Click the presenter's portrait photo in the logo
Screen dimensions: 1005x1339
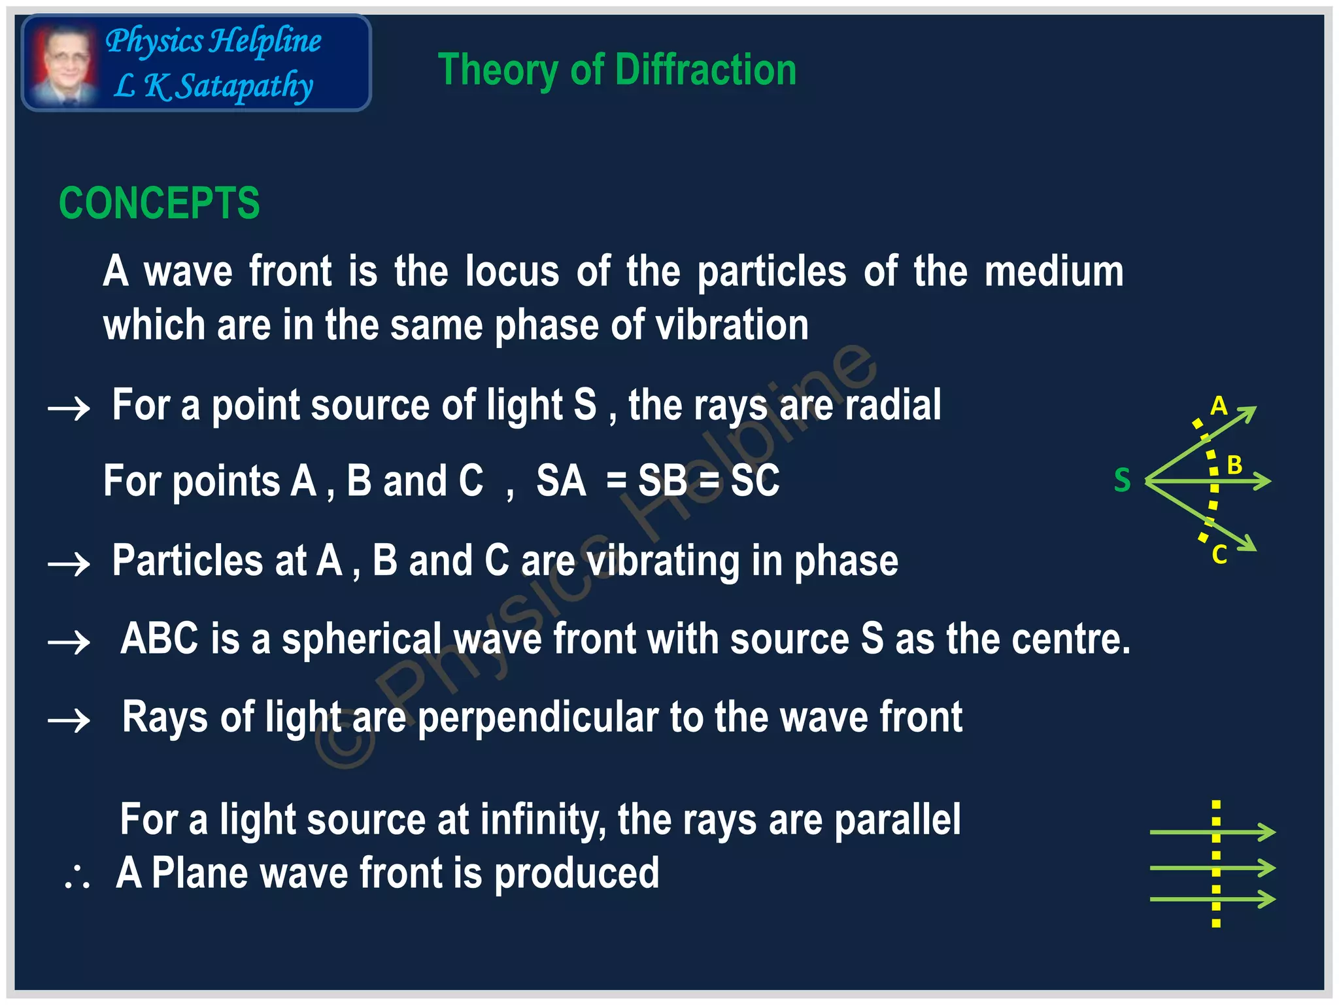(64, 64)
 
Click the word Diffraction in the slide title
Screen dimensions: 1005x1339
(705, 70)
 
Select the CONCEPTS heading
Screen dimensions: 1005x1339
(159, 203)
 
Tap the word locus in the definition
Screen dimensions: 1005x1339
(512, 272)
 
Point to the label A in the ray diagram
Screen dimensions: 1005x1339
(1218, 406)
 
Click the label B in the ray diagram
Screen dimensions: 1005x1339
(1234, 465)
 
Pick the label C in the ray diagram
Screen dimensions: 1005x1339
(1219, 555)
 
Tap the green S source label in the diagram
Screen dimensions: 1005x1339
(1122, 480)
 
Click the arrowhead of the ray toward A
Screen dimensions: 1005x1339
(1249, 413)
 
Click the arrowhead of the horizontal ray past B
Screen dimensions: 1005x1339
(1263, 482)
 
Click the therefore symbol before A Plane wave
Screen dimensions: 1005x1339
(77, 877)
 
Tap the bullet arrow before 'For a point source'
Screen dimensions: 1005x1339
(69, 409)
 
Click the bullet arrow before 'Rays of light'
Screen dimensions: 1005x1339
(69, 720)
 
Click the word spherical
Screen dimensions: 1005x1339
(362, 639)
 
